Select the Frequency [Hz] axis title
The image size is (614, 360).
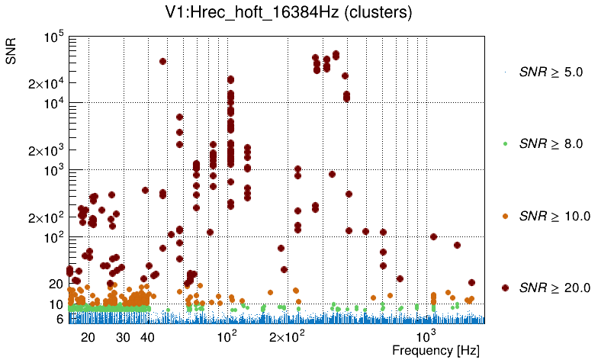point(435,350)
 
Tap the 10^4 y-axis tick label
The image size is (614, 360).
point(54,104)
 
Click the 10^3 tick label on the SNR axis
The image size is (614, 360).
point(54,171)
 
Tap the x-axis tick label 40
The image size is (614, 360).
point(148,336)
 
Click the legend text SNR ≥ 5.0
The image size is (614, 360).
point(550,72)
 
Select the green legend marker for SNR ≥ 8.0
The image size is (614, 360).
point(505,143)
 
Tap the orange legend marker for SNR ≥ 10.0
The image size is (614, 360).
point(505,216)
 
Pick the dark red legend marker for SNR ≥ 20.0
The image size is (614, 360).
point(505,288)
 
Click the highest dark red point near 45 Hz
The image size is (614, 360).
point(162,61)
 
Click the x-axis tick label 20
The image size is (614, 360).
point(88,336)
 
